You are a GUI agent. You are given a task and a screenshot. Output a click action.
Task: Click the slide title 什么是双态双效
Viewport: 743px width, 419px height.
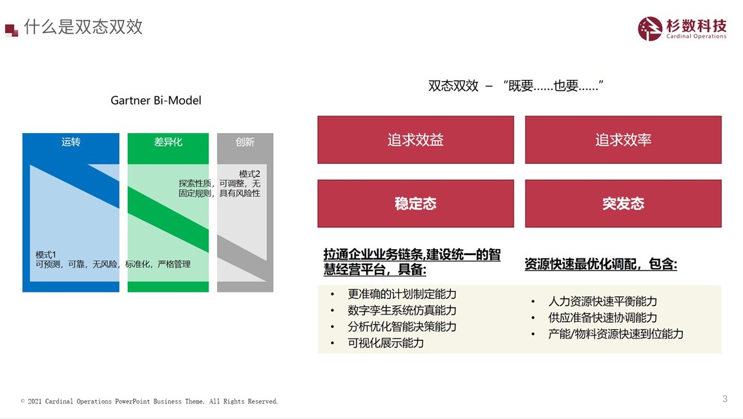click(x=83, y=27)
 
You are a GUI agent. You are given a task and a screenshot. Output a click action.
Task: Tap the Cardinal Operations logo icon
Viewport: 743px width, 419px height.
click(x=650, y=29)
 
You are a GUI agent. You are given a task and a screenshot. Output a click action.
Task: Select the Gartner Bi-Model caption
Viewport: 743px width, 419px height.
click(x=156, y=100)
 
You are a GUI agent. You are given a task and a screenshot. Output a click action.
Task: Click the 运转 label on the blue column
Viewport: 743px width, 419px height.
click(x=71, y=141)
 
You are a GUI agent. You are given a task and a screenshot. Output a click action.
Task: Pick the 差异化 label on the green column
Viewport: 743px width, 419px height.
click(x=168, y=141)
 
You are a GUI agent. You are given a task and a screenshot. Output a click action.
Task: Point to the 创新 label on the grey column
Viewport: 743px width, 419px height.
click(x=245, y=141)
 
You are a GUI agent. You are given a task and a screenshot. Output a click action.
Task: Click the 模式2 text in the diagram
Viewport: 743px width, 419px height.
click(x=249, y=174)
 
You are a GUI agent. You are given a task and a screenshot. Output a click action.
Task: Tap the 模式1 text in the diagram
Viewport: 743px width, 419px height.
click(x=46, y=255)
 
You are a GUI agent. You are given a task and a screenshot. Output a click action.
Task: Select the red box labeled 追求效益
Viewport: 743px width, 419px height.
click(x=415, y=139)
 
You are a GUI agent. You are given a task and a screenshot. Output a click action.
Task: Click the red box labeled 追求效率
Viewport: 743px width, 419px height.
click(x=623, y=139)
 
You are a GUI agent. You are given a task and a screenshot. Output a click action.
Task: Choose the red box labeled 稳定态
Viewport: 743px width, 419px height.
click(x=415, y=203)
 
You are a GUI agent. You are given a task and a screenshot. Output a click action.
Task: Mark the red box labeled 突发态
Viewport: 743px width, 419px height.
click(x=623, y=203)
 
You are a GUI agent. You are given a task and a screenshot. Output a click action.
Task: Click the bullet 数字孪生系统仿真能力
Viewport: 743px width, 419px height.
click(x=402, y=310)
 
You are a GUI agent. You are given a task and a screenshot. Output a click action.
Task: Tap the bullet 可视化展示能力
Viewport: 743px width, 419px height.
click(x=386, y=343)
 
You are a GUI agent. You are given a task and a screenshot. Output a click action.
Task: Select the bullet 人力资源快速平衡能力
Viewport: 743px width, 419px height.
click(x=603, y=301)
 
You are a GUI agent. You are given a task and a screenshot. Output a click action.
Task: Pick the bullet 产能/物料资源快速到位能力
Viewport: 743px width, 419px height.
click(x=616, y=334)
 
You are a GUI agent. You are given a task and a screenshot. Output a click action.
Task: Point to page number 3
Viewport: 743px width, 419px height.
click(x=725, y=398)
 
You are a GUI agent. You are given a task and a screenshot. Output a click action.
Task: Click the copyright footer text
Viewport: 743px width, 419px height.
click(x=149, y=401)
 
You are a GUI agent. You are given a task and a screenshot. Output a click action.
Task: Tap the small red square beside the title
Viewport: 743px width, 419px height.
click(x=12, y=30)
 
